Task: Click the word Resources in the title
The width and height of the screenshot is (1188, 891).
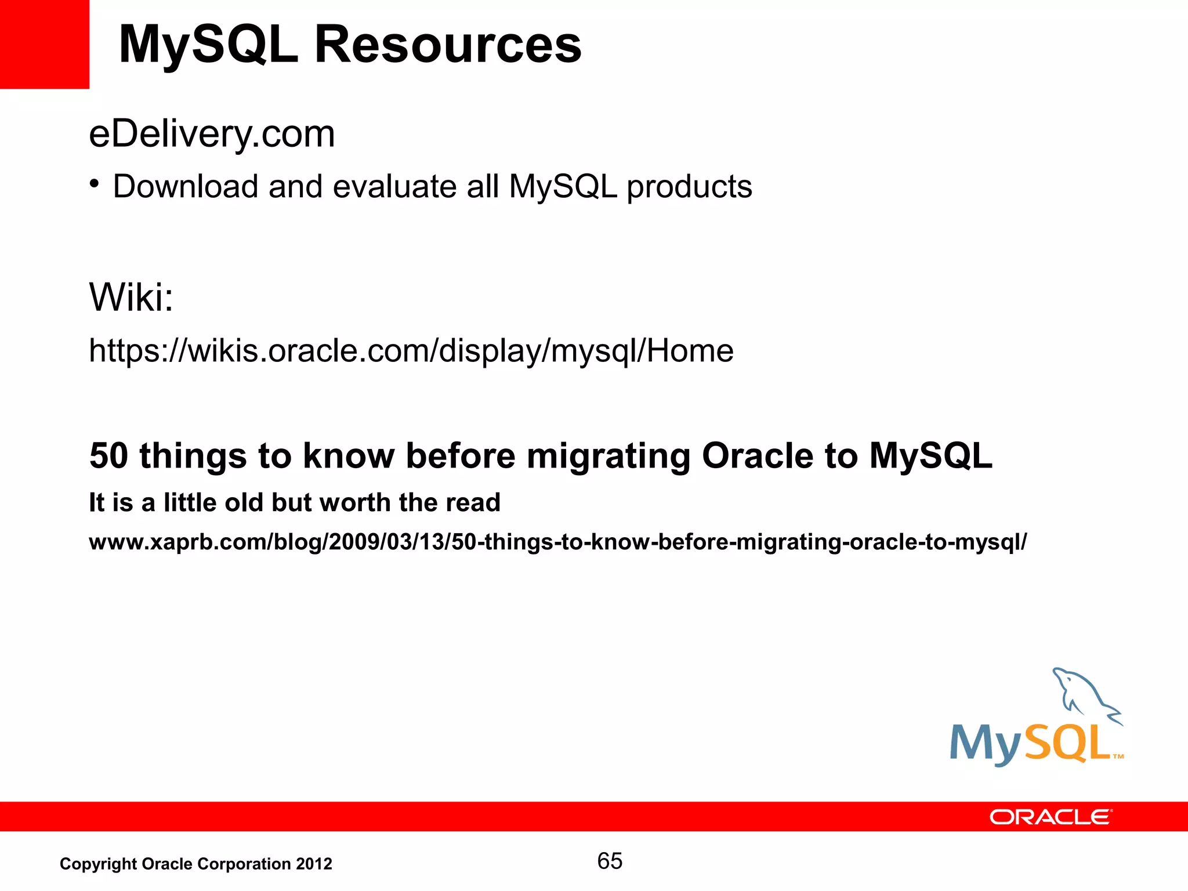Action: [x=447, y=45]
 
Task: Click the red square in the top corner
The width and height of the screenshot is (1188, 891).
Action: [x=44, y=44]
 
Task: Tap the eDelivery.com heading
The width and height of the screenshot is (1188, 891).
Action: [x=212, y=135]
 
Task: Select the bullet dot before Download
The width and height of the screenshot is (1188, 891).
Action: [x=95, y=184]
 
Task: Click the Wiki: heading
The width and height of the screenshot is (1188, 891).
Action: [x=131, y=297]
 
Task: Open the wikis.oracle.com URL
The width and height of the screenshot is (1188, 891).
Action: [x=411, y=351]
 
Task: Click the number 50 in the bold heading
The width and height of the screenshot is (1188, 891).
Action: [x=108, y=455]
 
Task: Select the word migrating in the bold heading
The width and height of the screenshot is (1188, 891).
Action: [x=608, y=457]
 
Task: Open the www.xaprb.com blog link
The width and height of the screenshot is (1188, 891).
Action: [x=557, y=542]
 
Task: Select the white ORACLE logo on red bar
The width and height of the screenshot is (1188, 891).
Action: [x=1051, y=817]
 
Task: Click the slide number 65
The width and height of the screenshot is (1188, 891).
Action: [x=610, y=861]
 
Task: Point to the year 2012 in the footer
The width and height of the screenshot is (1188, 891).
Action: [x=314, y=864]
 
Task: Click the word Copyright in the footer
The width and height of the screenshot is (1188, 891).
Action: [x=98, y=864]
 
